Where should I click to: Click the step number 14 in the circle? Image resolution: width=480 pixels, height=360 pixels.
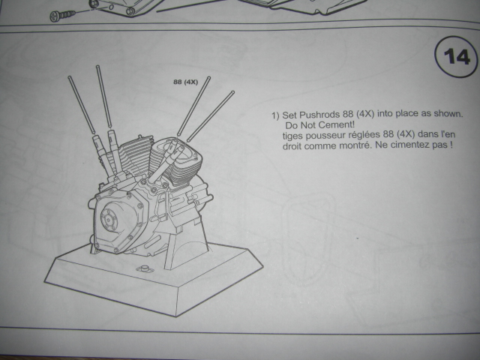coord(457,57)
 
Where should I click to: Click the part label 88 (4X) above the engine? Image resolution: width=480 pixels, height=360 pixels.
coord(185,82)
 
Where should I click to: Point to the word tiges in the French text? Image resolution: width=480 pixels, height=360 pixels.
coord(292,135)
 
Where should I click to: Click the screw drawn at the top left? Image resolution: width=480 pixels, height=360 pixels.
coord(62,15)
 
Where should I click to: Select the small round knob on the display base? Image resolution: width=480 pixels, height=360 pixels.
coord(143,269)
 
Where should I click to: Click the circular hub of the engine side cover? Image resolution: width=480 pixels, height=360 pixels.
coord(109,220)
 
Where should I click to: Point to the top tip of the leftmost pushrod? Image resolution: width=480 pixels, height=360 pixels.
coord(70,77)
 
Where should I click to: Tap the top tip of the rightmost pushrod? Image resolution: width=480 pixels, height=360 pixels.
coord(232,91)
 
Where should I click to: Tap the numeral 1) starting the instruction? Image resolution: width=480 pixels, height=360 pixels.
coord(275,115)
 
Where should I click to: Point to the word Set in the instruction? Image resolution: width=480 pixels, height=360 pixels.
coord(289,115)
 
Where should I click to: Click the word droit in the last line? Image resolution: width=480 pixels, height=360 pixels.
coord(292,145)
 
